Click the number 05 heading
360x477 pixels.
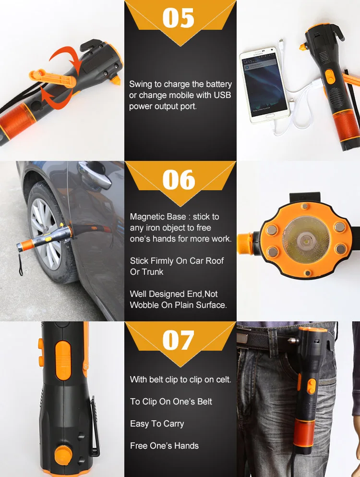[x=178, y=18]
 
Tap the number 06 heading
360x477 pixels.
[x=179, y=180]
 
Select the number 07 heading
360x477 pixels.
[x=178, y=340]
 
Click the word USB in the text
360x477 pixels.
[x=222, y=95]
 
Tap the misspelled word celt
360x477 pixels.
[x=223, y=379]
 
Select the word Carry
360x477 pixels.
[x=173, y=424]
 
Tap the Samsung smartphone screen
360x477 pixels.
[x=264, y=85]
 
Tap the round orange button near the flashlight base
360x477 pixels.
[x=63, y=455]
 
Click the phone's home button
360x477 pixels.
[x=270, y=116]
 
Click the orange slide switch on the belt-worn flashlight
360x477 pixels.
[x=312, y=386]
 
